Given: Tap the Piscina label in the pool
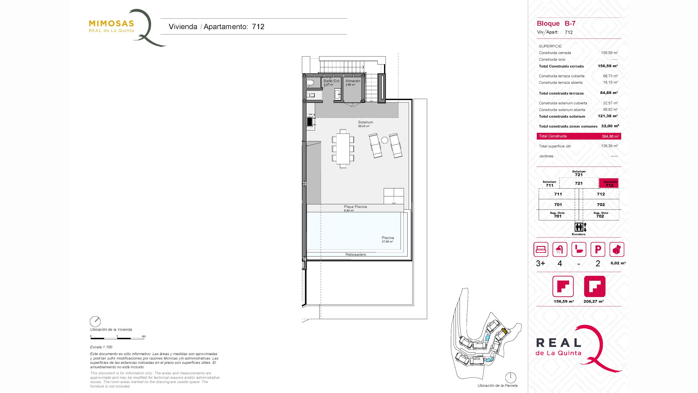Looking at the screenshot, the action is [x=388, y=238].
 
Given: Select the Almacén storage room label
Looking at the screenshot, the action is [x=353, y=81].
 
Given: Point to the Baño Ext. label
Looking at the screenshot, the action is [x=331, y=81].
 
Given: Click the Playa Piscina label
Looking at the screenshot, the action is [x=355, y=207].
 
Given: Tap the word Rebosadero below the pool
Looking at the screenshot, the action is [x=356, y=254].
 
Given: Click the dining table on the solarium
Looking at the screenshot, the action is [x=343, y=149].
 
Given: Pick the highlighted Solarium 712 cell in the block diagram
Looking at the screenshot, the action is [x=609, y=183].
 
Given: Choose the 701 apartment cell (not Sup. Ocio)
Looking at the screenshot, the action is [x=558, y=205].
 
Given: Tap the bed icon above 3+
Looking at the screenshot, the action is [x=541, y=249].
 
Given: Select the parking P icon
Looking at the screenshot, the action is [x=598, y=249].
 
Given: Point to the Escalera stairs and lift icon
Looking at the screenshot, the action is [x=580, y=227].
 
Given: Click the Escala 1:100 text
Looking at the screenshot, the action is [x=101, y=347].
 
